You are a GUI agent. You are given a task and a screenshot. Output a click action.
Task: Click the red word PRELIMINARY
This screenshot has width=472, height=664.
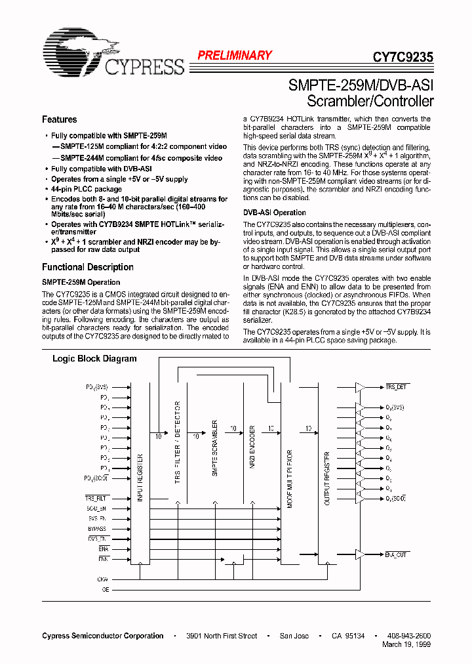click(235, 56)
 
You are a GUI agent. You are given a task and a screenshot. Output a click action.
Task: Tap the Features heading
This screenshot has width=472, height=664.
click(59, 119)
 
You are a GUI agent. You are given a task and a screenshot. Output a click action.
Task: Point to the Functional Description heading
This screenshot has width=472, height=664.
click(87, 267)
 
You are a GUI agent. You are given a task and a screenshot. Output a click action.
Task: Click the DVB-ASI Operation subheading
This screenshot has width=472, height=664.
click(275, 213)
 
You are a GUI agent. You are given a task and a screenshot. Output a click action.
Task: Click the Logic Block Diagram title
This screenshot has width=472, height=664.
click(94, 359)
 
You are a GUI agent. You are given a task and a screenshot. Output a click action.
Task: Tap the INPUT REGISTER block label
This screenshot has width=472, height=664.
click(140, 477)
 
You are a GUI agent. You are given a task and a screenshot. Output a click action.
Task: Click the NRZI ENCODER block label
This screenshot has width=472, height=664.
click(252, 453)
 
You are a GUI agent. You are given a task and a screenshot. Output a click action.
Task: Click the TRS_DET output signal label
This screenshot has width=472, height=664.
click(396, 388)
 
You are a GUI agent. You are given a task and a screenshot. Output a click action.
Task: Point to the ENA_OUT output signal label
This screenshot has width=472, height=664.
click(397, 555)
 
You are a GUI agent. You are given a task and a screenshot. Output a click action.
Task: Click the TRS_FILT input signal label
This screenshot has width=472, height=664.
click(96, 499)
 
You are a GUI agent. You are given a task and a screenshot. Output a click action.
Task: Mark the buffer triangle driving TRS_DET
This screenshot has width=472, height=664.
click(359, 388)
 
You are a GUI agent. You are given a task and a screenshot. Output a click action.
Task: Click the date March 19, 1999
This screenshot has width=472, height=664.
click(406, 644)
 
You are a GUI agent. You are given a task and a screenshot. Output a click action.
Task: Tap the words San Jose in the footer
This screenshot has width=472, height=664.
click(293, 636)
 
